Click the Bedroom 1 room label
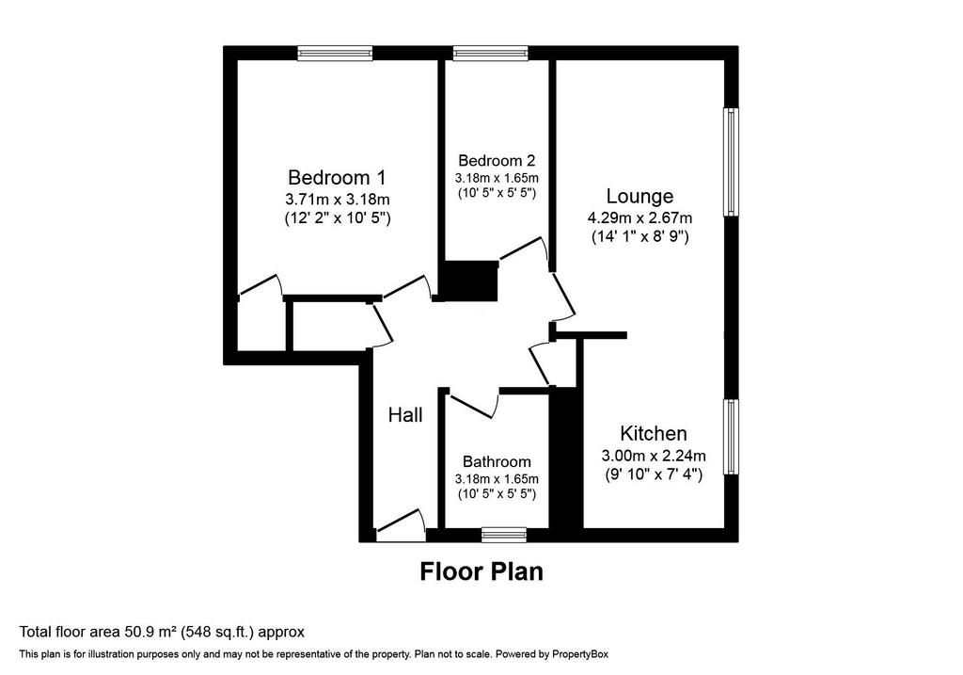pyautogui.click(x=337, y=178)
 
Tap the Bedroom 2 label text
pyautogui.click(x=497, y=161)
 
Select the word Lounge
pyautogui.click(x=639, y=197)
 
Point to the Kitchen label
pyautogui.click(x=654, y=433)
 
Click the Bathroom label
pyautogui.click(x=497, y=461)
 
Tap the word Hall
pyautogui.click(x=405, y=415)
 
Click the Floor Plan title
pyautogui.click(x=481, y=571)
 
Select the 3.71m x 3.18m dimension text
pyautogui.click(x=338, y=200)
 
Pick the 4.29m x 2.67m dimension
pyautogui.click(x=639, y=217)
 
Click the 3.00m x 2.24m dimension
pyautogui.click(x=654, y=456)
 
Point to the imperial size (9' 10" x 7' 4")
pyautogui.click(x=654, y=474)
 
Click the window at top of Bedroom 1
pyautogui.click(x=336, y=54)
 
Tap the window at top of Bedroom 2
pyautogui.click(x=491, y=54)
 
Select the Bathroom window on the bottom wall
pyautogui.click(x=504, y=535)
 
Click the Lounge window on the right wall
pyautogui.click(x=731, y=162)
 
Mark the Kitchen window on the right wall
pyautogui.click(x=731, y=437)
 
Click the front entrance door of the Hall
pyautogui.click(x=401, y=526)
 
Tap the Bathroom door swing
pyautogui.click(x=474, y=405)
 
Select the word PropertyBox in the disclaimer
pyautogui.click(x=580, y=654)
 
